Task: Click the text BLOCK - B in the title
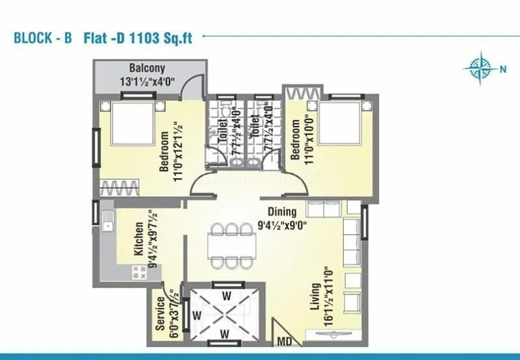43,37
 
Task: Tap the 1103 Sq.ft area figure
168,37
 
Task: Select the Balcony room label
147,68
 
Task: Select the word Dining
281,211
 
